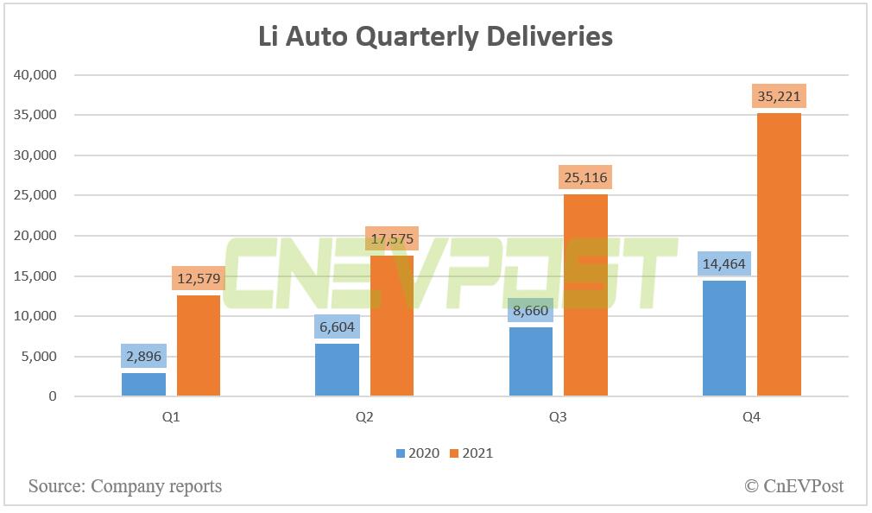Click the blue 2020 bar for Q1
143,384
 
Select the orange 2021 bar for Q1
199,345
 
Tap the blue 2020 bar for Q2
337,370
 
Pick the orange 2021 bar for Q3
585,295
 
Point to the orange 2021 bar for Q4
779,255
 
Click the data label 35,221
779,96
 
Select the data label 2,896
143,356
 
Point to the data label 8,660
531,310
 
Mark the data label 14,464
724,263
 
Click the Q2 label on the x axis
364,417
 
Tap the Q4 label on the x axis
751,417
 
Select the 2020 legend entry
418,453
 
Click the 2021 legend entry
471,453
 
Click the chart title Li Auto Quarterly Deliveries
436,36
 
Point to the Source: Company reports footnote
125,486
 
